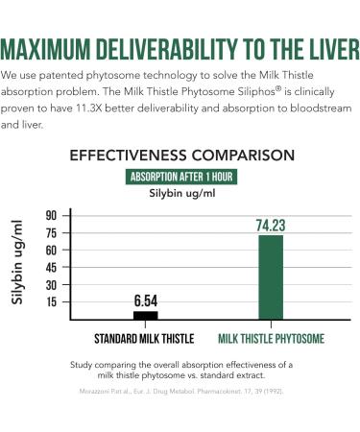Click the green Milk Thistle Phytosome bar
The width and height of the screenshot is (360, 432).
(271, 276)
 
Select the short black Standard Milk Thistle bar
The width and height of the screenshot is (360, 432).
(145, 315)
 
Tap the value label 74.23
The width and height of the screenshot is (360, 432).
(272, 227)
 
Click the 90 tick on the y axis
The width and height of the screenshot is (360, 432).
(51, 215)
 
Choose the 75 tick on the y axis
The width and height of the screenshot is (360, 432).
(51, 232)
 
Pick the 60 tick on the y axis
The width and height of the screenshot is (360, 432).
(51, 250)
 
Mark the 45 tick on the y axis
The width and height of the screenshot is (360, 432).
(51, 267)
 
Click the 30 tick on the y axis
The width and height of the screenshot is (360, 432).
(51, 284)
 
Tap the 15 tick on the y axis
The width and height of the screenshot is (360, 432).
(51, 301)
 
